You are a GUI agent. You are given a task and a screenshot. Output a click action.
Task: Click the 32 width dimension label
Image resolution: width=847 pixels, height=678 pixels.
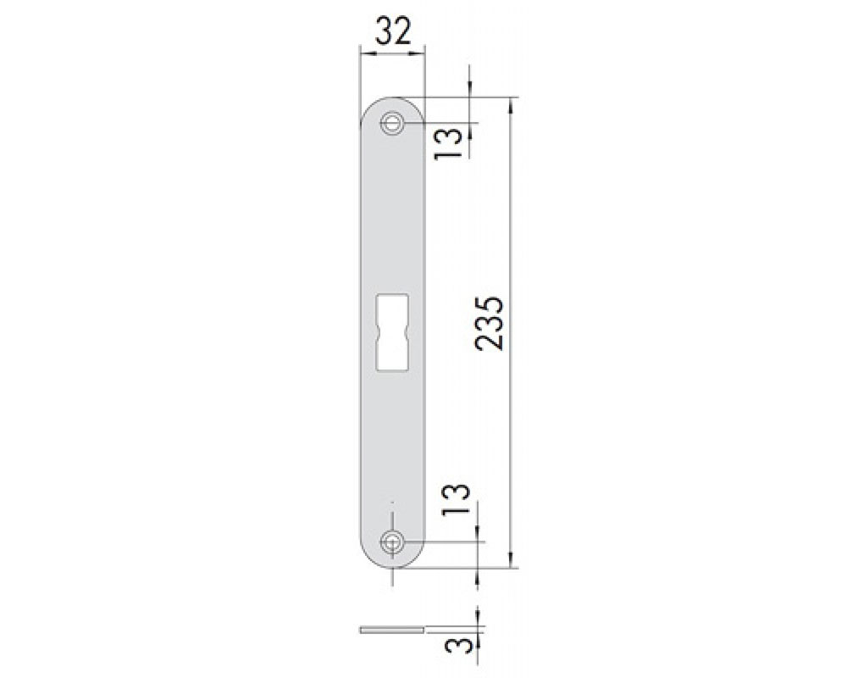[393, 31]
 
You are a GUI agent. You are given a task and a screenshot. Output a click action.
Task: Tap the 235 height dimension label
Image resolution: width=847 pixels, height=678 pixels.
[490, 323]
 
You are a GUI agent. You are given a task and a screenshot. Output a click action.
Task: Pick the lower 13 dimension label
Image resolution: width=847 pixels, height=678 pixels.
[456, 499]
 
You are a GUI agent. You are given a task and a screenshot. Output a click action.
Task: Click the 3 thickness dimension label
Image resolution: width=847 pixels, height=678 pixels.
[457, 646]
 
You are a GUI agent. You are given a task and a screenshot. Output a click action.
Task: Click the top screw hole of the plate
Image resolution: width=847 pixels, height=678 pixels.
[392, 123]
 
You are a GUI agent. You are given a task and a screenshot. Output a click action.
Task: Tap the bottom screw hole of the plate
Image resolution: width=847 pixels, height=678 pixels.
[392, 542]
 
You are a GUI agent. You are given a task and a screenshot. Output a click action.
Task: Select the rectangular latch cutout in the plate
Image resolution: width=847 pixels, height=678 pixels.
[391, 332]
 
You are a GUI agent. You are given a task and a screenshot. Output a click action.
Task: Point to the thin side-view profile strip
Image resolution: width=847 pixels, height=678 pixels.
[392, 630]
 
